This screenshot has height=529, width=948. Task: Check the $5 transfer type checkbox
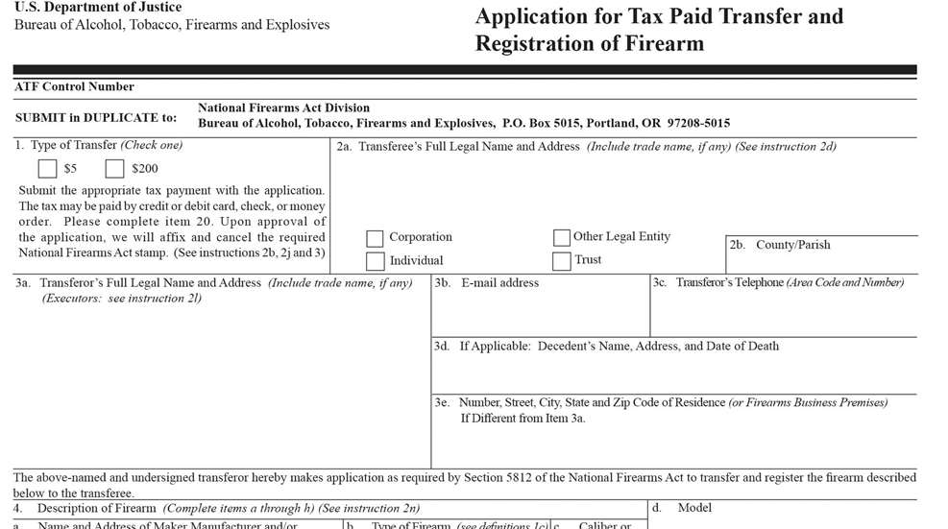[48, 169]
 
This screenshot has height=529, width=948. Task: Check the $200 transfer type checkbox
[115, 169]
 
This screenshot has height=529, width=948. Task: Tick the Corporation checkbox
[375, 238]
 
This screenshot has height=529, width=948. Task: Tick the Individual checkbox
[375, 261]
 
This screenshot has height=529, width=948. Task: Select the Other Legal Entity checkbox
[562, 237]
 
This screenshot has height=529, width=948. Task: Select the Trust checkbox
[562, 260]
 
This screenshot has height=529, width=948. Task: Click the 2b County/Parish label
[779, 245]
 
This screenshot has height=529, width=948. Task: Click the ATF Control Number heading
[74, 87]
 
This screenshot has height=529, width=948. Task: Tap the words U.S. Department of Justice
[98, 8]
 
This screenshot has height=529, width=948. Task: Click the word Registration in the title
[530, 43]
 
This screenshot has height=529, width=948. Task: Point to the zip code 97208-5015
[697, 123]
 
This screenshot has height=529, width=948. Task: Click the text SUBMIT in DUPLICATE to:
[96, 117]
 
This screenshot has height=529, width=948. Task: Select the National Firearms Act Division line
[283, 108]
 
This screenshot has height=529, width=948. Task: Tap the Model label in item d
[694, 507]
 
